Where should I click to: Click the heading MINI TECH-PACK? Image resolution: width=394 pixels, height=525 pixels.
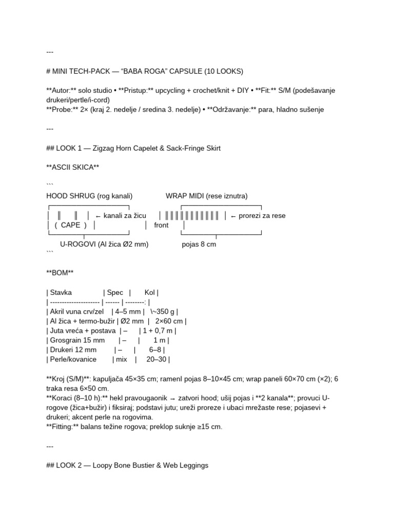tap(86, 71)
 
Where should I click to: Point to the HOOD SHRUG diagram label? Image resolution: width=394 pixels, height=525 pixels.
tap(89, 196)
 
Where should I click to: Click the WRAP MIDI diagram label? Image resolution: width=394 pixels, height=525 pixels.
tap(206, 196)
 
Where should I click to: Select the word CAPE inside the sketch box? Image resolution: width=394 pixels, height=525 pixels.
tap(71, 225)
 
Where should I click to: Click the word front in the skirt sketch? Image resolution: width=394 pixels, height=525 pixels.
tap(161, 225)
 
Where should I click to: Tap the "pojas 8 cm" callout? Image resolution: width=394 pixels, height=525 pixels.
tap(199, 245)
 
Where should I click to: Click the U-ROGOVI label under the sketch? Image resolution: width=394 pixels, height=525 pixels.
tap(104, 245)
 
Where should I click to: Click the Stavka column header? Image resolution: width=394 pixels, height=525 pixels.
tap(61, 293)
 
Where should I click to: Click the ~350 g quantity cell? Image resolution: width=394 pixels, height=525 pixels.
tap(162, 312)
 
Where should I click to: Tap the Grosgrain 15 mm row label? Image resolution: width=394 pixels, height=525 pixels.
tap(77, 340)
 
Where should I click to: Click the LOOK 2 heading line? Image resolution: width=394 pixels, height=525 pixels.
tap(127, 466)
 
